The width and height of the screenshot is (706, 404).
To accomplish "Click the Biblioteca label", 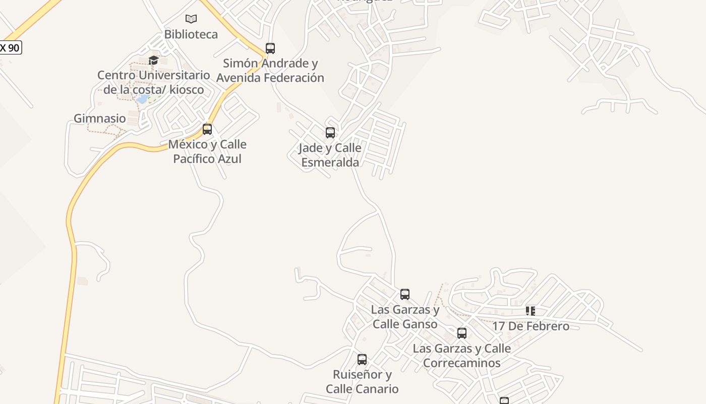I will (191, 34).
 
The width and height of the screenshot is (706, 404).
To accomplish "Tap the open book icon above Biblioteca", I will (191, 19).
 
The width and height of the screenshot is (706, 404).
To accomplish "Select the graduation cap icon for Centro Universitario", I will (154, 61).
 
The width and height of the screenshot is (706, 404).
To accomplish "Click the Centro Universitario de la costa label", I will (154, 82).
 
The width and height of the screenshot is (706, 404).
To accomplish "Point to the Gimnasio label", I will (100, 119).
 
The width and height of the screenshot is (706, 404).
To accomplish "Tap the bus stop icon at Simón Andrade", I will (270, 48).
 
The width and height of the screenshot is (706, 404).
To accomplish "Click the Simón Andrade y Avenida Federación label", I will (270, 71).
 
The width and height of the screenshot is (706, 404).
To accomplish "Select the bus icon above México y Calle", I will (207, 129).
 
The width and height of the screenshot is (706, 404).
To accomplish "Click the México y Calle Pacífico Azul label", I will (207, 151).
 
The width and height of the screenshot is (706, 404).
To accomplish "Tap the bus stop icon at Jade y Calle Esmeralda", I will (330, 133).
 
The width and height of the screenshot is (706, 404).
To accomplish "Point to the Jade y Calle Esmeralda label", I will (330, 155).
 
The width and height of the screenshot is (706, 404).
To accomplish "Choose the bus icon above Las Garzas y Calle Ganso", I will (405, 294).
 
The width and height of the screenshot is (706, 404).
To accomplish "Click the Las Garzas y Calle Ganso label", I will (405, 317).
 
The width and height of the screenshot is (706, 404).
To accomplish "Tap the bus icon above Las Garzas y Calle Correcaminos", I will (462, 333).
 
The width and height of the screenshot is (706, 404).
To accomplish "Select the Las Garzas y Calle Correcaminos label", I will (462, 356).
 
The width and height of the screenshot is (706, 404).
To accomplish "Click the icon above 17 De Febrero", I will (530, 311).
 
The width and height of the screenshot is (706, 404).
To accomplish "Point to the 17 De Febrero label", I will (531, 326).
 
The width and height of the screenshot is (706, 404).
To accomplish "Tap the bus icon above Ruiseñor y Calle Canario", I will (362, 360).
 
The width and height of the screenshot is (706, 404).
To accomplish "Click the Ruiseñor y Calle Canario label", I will (362, 382).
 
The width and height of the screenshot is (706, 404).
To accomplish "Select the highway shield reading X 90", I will (10, 48).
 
